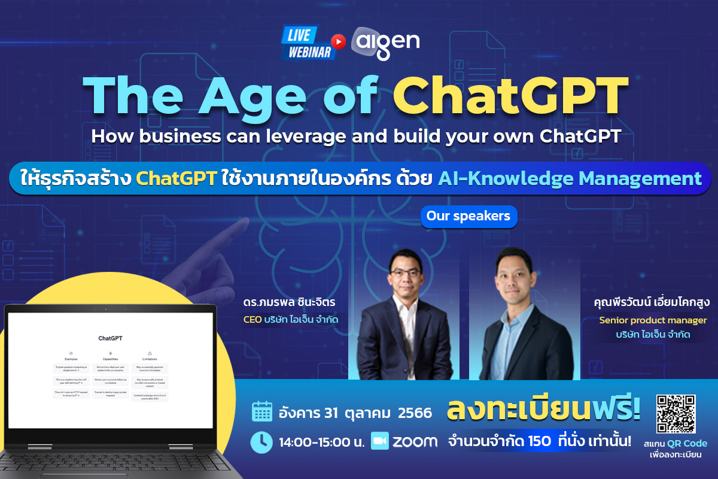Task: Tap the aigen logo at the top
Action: point(385,43)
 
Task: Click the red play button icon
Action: point(339,41)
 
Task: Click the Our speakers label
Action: point(468,216)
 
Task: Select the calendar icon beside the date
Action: point(261,412)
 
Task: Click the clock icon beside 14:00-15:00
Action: point(261,442)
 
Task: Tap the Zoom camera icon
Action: point(380,441)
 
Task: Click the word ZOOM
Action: point(415,442)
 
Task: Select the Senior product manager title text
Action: point(653,320)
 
